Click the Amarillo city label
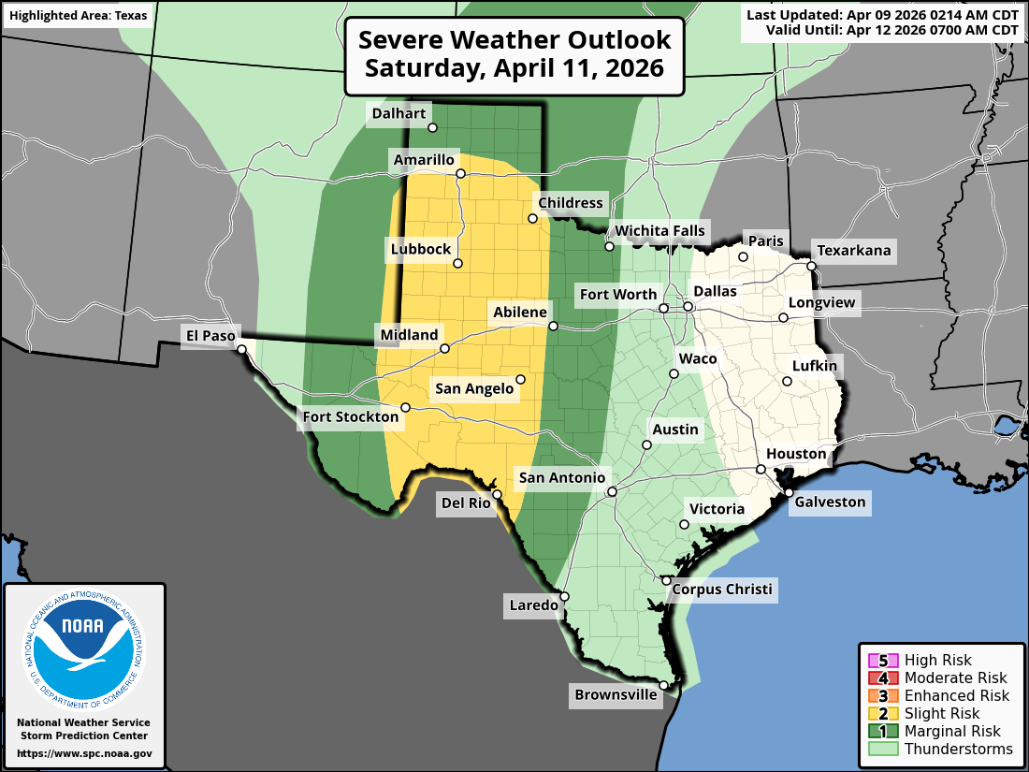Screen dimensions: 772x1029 coord(423,160)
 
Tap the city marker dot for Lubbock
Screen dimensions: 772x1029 coord(458,264)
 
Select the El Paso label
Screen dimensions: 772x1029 coord(210,335)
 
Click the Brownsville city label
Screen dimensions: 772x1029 coord(616,695)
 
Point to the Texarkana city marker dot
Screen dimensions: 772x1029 coord(812,266)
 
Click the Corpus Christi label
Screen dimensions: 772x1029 coord(722,590)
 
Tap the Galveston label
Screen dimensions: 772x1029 coord(830,503)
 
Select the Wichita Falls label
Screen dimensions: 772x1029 coord(659,231)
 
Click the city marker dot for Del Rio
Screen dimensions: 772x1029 coord(498,494)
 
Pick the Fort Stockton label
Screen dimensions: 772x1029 coord(350,416)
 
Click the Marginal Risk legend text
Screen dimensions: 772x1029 coord(952,732)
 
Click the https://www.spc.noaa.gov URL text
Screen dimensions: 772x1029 coord(83,753)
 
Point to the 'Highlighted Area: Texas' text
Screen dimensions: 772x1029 coord(65,17)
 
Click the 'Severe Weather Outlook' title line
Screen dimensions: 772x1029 coord(514,40)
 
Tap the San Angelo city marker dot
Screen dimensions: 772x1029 coord(521,379)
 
